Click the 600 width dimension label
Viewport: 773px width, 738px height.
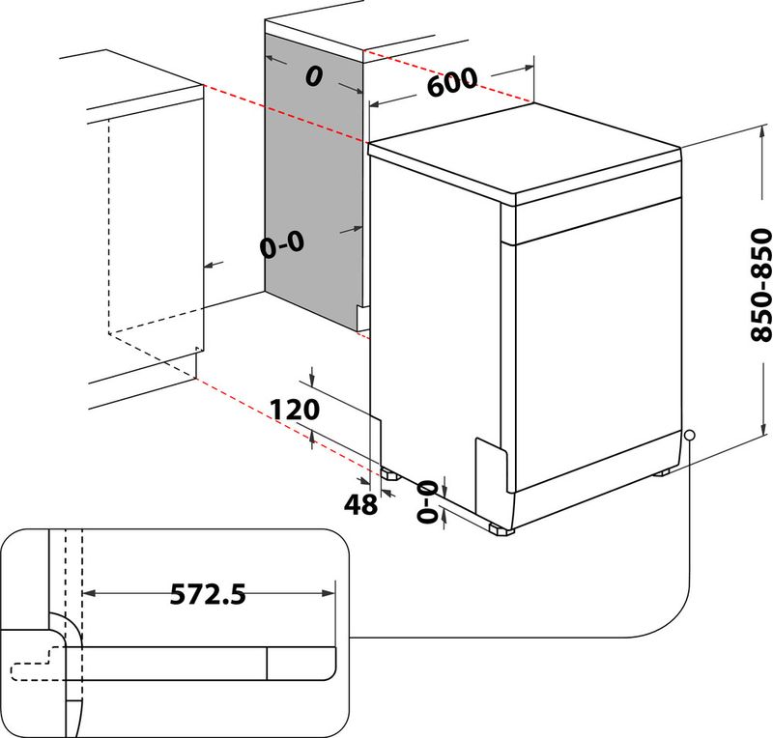tap(451, 85)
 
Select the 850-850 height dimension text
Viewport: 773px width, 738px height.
tap(762, 285)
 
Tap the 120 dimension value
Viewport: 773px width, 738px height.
tap(295, 410)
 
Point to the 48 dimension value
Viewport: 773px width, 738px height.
tap(360, 503)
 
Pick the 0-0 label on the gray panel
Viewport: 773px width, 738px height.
tap(282, 245)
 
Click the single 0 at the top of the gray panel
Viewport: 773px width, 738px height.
tap(312, 78)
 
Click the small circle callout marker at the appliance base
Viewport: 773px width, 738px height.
tap(689, 436)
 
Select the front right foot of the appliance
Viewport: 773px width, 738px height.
tap(499, 529)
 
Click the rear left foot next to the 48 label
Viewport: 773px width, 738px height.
tap(389, 474)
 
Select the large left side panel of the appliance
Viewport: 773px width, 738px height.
tap(435, 319)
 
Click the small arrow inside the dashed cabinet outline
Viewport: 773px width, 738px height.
tap(214, 263)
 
